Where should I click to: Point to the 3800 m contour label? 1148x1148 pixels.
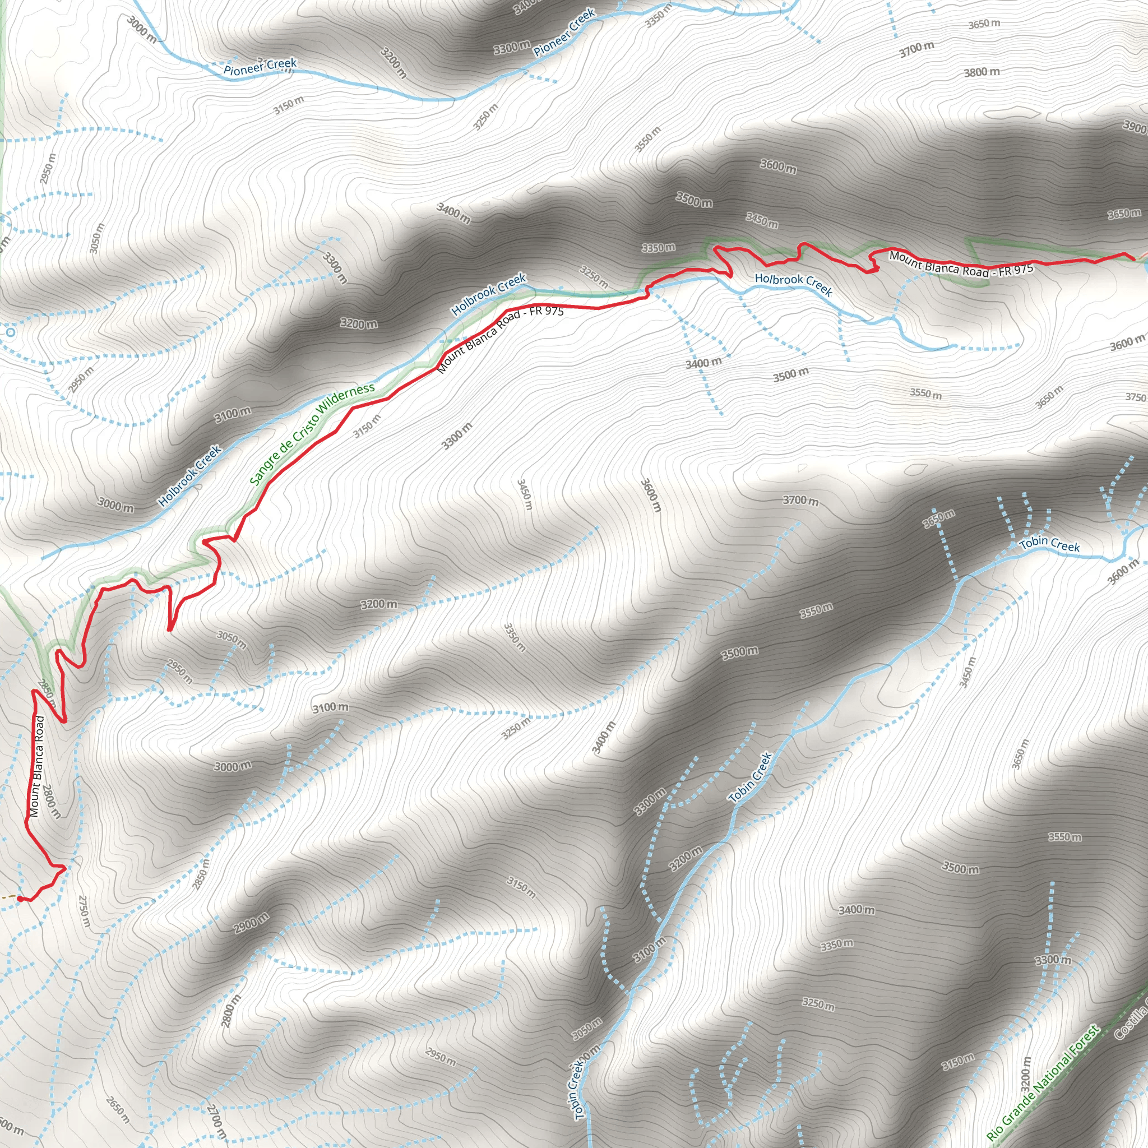[x=982, y=72]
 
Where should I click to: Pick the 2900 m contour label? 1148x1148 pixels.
[x=251, y=923]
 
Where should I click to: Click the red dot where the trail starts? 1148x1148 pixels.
[x=20, y=899]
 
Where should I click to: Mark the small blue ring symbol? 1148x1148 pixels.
[x=10, y=332]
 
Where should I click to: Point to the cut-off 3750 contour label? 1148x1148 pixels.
[x=1136, y=397]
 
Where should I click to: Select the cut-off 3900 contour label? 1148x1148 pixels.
[x=1135, y=127]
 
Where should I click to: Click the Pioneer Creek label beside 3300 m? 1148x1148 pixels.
[x=564, y=33]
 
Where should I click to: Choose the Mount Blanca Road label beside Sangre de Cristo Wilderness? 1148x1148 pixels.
[x=501, y=340]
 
